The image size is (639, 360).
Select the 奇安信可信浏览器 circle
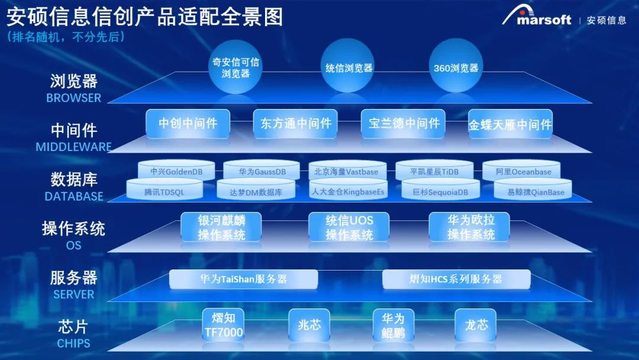pyautogui.click(x=235, y=67)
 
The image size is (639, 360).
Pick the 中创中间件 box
pyautogui.click(x=188, y=123)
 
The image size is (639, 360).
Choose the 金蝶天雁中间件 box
pyautogui.click(x=510, y=124)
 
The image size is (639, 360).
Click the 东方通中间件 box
pyautogui.click(x=295, y=123)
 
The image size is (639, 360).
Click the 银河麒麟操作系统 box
pyautogui.click(x=221, y=227)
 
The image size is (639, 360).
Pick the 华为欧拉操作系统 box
pyautogui.click(x=469, y=227)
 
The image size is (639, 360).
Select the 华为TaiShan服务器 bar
pyautogui.click(x=244, y=279)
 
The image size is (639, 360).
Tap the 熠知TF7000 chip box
pyautogui.click(x=223, y=325)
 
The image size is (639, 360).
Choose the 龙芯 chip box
pyautogui.click(x=476, y=325)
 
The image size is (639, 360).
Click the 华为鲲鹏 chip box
pyautogui.click(x=393, y=325)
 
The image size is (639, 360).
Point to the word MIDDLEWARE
pyautogui.click(x=74, y=147)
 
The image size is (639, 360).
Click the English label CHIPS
pyautogui.click(x=74, y=343)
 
